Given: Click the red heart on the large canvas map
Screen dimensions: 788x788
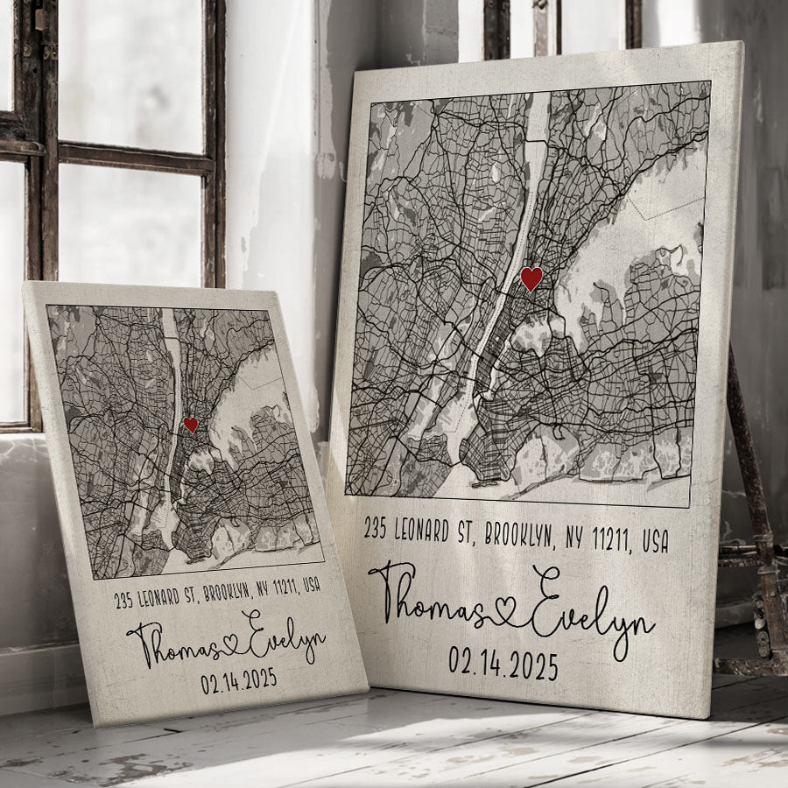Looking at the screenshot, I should [531, 279].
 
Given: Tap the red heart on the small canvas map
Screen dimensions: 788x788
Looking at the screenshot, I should [191, 425].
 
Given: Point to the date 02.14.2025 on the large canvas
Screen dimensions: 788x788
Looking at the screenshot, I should [503, 663].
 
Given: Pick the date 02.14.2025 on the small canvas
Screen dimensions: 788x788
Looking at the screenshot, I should [238, 680].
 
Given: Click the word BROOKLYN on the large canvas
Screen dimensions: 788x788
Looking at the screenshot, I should [519, 534].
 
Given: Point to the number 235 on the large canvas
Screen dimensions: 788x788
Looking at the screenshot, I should [376, 528].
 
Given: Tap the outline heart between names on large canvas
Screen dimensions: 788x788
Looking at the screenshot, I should [505, 616].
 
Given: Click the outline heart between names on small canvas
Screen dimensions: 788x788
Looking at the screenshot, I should [231, 642].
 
